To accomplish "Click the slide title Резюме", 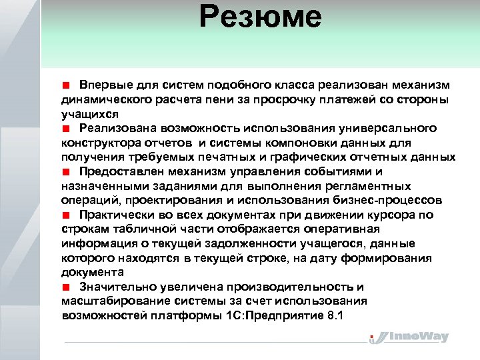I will point(260,18).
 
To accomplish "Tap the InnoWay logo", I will point(409,337).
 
